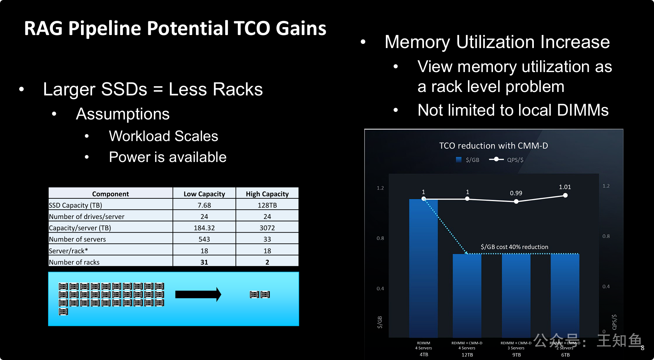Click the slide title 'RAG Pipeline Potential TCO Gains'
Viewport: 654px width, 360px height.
click(x=175, y=28)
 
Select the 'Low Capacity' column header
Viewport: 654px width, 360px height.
click(x=204, y=194)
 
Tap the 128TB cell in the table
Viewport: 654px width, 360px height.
click(x=267, y=205)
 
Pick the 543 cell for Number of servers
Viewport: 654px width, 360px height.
click(x=204, y=239)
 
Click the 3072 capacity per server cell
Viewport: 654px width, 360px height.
click(x=267, y=228)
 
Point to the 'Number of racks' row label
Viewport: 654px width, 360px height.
click(x=74, y=262)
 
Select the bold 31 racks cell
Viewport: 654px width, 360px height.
click(x=204, y=262)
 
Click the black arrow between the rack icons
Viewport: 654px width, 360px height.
click(x=198, y=294)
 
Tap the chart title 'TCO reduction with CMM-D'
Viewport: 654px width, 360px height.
click(x=493, y=146)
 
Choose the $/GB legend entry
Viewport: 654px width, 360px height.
click(x=468, y=160)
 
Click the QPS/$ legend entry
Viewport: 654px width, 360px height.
click(x=506, y=160)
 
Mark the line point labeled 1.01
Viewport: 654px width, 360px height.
click(x=565, y=195)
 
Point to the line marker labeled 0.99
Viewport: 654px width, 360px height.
click(x=516, y=201)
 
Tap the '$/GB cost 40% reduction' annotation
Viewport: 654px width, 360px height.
click(x=514, y=247)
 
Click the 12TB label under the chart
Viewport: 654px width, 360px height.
click(x=467, y=355)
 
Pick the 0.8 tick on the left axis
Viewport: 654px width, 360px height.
click(x=380, y=238)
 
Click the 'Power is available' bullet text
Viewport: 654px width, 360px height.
click(x=168, y=157)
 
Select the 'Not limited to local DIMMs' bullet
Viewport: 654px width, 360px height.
click(x=513, y=110)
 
